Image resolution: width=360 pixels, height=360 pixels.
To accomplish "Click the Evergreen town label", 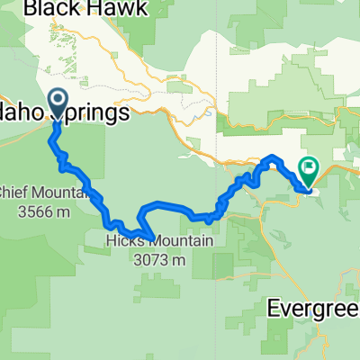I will pos(315,308).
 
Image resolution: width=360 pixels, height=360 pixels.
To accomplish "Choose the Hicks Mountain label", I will pos(157,242).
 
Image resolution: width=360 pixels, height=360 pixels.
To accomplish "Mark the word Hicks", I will pos(119,242).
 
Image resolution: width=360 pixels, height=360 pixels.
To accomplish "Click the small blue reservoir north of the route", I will pos(209,114).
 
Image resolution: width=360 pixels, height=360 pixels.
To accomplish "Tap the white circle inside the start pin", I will pos(58,101).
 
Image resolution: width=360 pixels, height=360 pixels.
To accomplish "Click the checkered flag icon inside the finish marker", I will pos(309,166).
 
